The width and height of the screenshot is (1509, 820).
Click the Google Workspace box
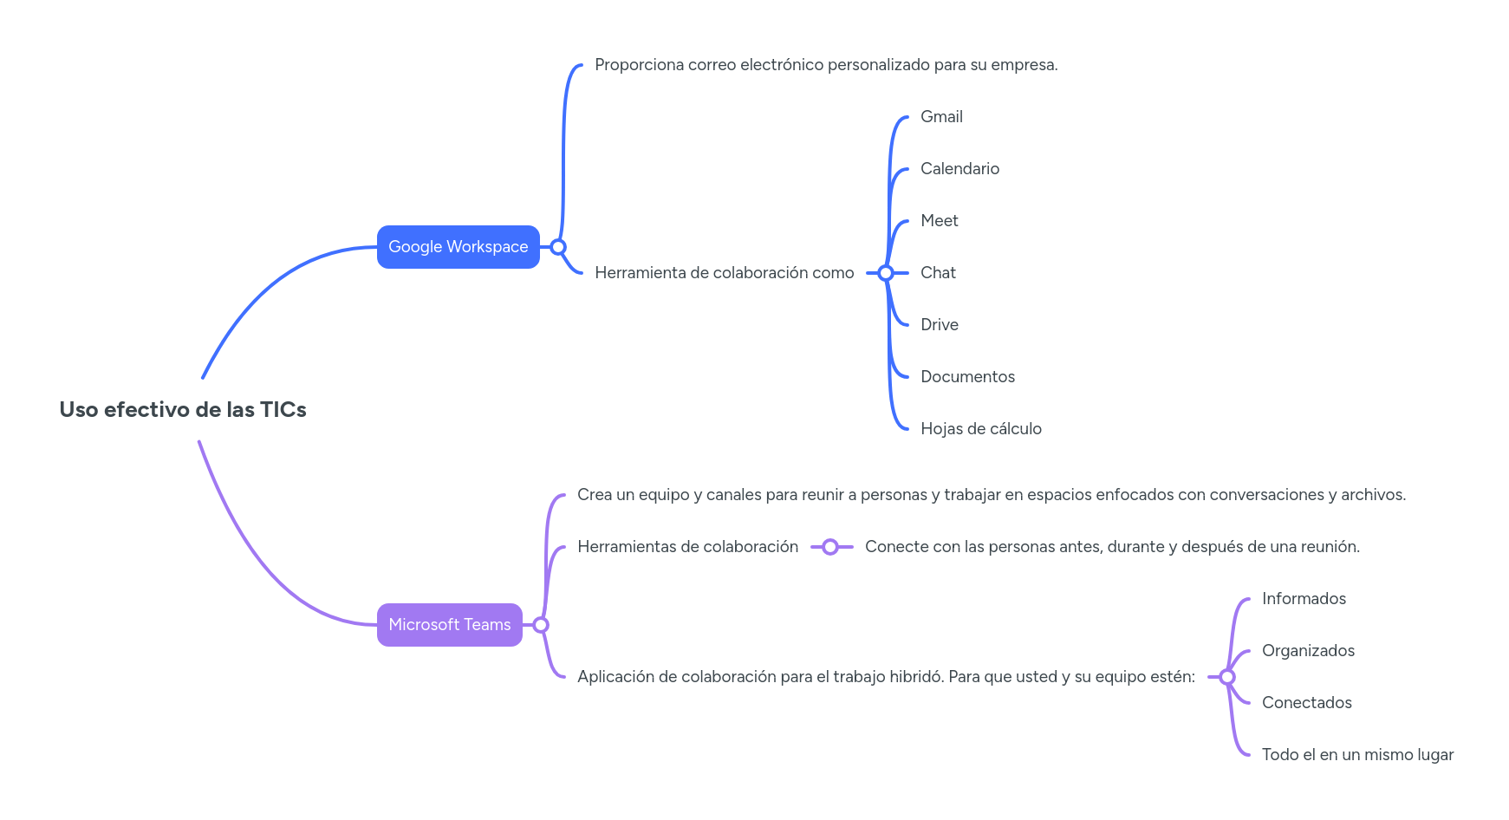(x=458, y=247)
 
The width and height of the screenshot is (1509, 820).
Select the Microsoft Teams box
(x=449, y=625)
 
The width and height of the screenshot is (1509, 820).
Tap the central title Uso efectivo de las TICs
(x=183, y=410)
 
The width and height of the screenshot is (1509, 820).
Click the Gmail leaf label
(x=941, y=117)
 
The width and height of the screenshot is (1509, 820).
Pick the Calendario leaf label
(x=959, y=169)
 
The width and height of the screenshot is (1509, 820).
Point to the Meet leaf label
(x=939, y=221)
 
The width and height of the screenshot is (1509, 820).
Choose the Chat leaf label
(x=938, y=273)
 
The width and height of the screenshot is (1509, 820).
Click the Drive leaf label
(x=939, y=325)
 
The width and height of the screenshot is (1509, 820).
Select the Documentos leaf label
(x=967, y=377)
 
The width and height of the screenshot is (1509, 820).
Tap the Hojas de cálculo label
(x=980, y=429)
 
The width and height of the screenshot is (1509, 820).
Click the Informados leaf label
(x=1304, y=599)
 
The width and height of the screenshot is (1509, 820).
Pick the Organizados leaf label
(x=1308, y=651)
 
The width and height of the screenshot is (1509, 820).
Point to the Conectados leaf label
(x=1306, y=703)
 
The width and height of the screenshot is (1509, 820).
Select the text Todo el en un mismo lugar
(x=1357, y=755)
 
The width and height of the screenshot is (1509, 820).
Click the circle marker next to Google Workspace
(x=558, y=247)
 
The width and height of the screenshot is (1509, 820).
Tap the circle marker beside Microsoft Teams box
(x=541, y=625)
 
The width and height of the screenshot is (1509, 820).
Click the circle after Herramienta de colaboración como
(x=885, y=273)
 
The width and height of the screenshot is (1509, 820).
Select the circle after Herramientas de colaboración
(x=829, y=547)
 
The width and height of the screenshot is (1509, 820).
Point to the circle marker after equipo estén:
(x=1226, y=677)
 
